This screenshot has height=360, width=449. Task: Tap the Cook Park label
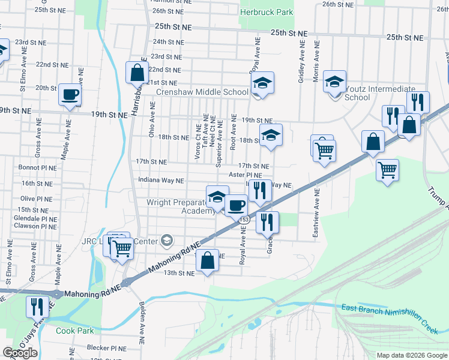point(75,331)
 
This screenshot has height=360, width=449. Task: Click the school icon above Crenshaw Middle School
point(262,83)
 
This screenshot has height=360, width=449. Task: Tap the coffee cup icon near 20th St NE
point(70,94)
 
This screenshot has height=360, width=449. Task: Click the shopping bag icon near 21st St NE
point(137,72)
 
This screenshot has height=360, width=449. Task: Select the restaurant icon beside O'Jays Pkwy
point(37,307)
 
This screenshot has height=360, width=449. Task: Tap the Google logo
point(20,352)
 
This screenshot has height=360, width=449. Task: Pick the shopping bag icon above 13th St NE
point(207,261)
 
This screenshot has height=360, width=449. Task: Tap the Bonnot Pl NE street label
point(37,167)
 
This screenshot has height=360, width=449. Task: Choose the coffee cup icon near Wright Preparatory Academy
point(236,205)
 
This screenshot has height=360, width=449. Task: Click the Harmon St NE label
point(166,2)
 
